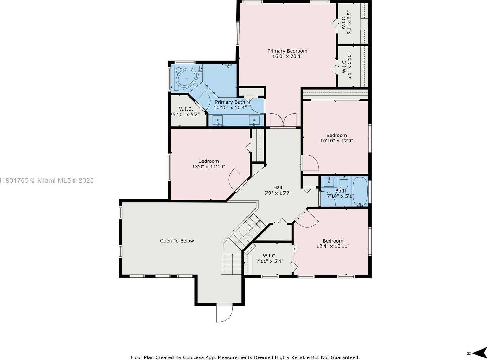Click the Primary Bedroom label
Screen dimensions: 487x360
(x=287, y=51)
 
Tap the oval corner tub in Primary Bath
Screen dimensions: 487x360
(x=187, y=78)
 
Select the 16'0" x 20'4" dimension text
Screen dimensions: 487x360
(x=287, y=56)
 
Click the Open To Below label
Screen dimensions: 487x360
(x=177, y=241)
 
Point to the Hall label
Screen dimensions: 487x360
(x=278, y=187)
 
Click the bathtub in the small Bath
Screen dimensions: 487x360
(x=360, y=191)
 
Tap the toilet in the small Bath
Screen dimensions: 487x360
(x=343, y=183)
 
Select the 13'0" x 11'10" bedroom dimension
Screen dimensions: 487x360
(x=208, y=167)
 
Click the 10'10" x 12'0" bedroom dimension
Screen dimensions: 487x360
(x=336, y=141)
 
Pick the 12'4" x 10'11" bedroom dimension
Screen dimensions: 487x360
(x=333, y=246)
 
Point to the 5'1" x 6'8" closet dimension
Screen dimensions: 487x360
(x=349, y=23)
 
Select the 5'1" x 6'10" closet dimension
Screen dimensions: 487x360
(x=349, y=66)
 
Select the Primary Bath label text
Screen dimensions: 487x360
(x=230, y=102)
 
